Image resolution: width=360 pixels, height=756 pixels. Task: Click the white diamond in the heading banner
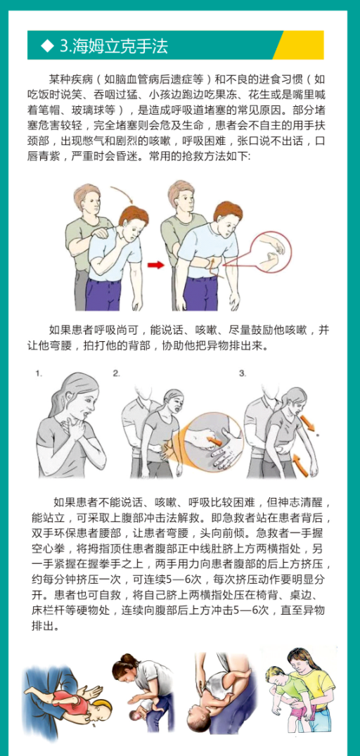pyautogui.click(x=47, y=46)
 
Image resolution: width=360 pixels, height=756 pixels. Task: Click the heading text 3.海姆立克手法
pyautogui.click(x=114, y=46)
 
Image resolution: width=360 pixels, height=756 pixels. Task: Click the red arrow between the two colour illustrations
pyautogui.click(x=155, y=264)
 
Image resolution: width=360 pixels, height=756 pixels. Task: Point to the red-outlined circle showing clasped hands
pyautogui.click(x=271, y=251)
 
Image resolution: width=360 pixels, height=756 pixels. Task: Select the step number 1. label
pyautogui.click(x=39, y=373)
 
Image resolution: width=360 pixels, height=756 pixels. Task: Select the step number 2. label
pyautogui.click(x=116, y=373)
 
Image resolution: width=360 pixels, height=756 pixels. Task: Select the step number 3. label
pyautogui.click(x=243, y=373)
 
